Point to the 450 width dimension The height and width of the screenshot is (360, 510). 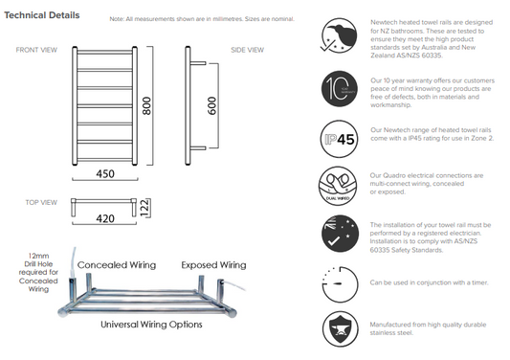tap(106, 174)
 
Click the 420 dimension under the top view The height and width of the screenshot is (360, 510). tap(106, 218)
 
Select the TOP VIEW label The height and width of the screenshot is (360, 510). tap(40, 203)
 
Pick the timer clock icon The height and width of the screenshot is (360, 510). tap(338, 282)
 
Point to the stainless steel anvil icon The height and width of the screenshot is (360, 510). tap(338, 328)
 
